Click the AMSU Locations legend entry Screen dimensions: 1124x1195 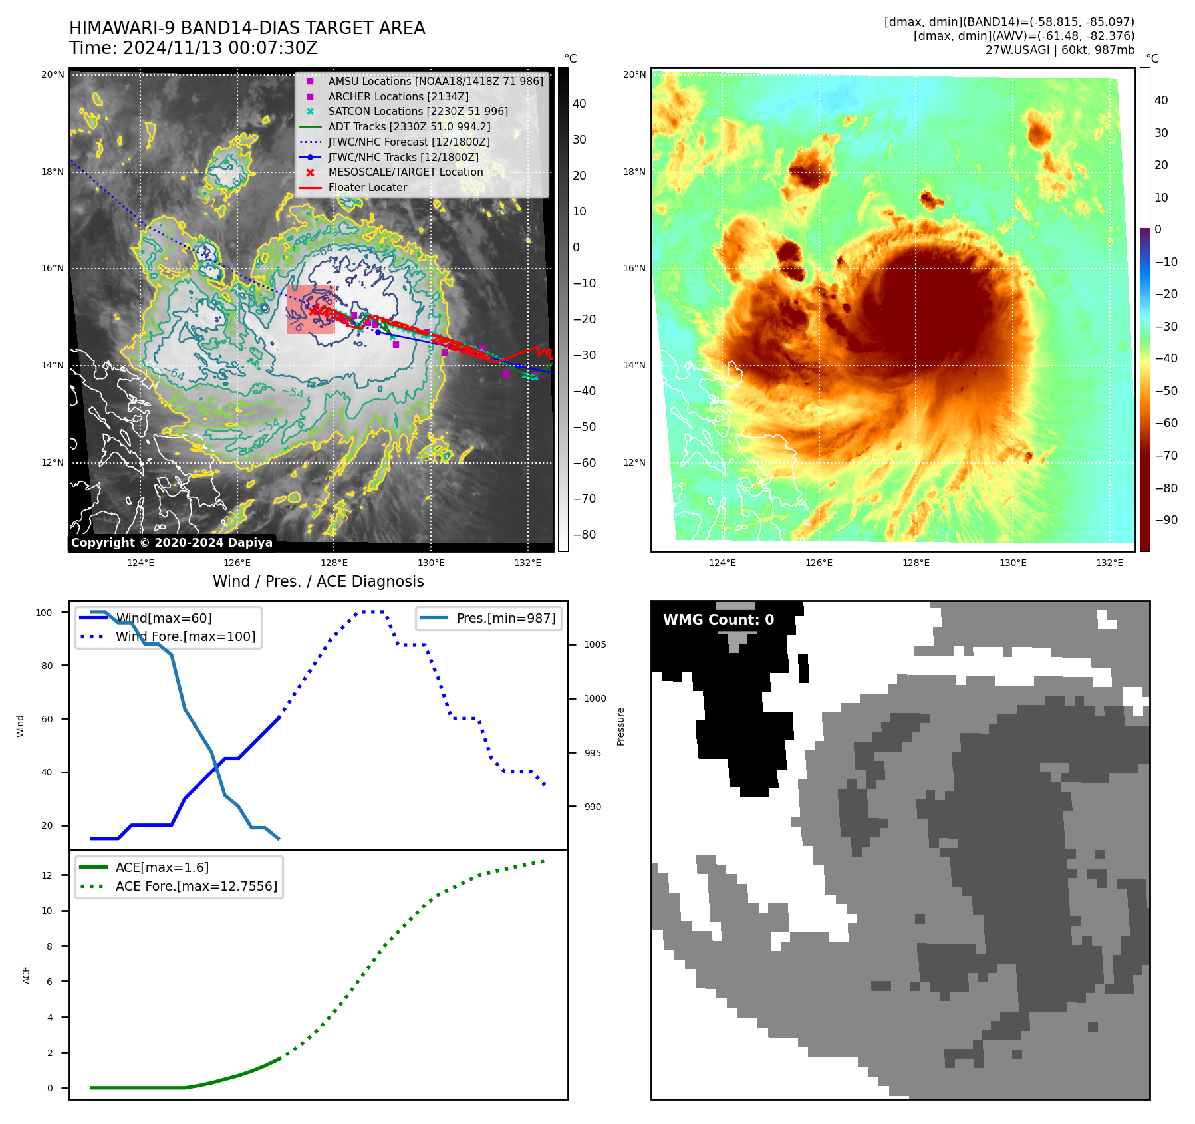(x=435, y=81)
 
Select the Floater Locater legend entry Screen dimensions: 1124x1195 (x=367, y=188)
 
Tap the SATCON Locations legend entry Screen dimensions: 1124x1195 (x=418, y=112)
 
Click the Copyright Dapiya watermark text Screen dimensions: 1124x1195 (x=172, y=543)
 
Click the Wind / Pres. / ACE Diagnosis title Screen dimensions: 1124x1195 (x=318, y=581)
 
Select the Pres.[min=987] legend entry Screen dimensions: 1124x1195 (x=505, y=618)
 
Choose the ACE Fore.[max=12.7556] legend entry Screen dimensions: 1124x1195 (x=196, y=886)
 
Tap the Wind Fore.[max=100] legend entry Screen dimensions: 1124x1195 (x=185, y=636)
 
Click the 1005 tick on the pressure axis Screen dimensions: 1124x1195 (x=595, y=644)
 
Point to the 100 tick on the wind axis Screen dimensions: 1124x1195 (x=44, y=613)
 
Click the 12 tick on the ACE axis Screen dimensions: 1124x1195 (x=47, y=875)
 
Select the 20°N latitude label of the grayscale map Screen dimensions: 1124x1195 (x=53, y=75)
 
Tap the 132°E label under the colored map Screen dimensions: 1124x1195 (x=1109, y=563)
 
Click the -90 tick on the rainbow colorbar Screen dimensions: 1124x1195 (x=1166, y=520)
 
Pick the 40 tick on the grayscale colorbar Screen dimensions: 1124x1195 (x=579, y=104)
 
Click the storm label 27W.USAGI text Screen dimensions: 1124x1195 (x=1017, y=50)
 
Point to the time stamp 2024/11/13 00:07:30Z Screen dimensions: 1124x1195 (x=220, y=49)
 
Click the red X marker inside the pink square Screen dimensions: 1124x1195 (x=313, y=311)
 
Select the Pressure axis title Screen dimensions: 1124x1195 (x=621, y=726)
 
